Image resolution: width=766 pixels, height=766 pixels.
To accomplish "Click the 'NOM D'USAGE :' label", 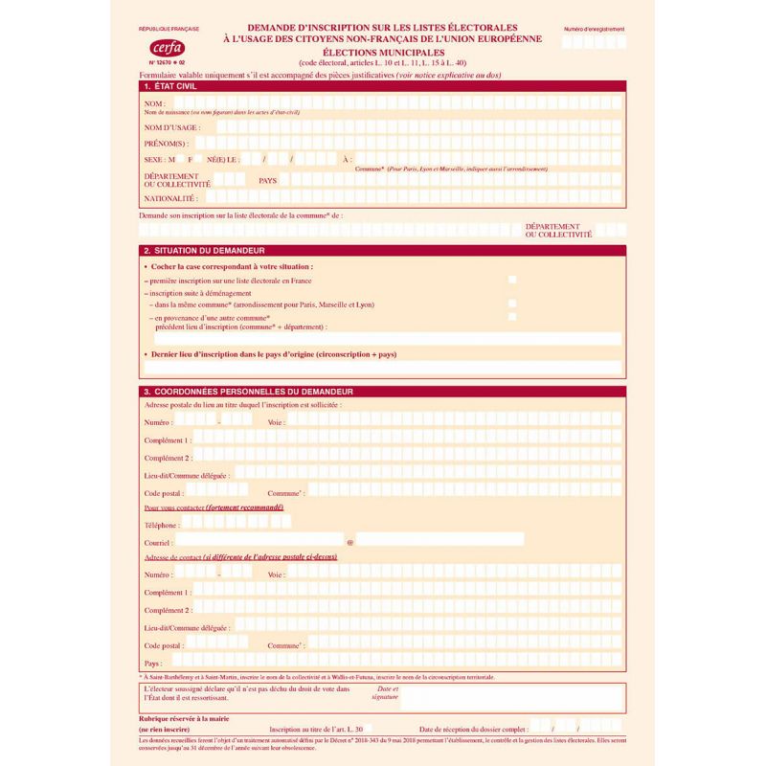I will pos(171,127).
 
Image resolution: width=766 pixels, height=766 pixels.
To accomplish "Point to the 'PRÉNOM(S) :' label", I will pos(169,143).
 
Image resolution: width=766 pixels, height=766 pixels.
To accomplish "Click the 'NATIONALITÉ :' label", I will pos(170,198).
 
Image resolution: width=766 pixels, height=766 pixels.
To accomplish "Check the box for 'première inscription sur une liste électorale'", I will pos(512,280).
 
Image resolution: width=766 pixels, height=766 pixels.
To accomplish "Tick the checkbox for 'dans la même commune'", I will pos(512,304).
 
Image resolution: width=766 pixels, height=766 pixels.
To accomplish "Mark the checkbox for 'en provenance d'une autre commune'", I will pos(512,316).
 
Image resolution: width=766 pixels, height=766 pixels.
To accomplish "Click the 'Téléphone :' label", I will pos(162,525).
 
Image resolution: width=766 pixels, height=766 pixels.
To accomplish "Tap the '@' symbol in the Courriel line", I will pos(349,542).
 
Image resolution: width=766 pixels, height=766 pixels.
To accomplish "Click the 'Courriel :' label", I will pos(159,542).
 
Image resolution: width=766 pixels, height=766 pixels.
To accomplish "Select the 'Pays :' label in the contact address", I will pos(153,663).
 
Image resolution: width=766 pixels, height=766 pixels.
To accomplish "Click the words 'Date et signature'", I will pos(386,692).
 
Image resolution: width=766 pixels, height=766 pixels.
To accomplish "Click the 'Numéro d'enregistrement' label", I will pos(594,31).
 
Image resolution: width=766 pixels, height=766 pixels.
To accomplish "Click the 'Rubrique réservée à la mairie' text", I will pos(184,718).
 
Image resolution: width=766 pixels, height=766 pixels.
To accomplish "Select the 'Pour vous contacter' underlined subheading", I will pos(213,507).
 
